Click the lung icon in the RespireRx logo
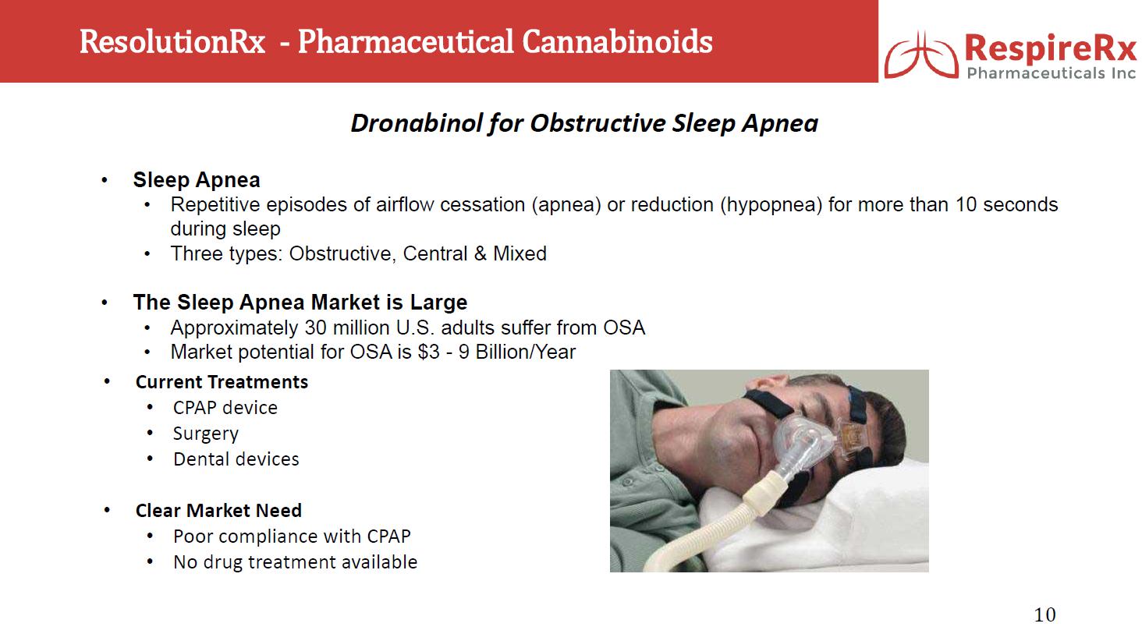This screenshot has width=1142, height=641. [921, 55]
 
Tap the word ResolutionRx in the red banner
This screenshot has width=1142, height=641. [172, 42]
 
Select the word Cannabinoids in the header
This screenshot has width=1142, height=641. [617, 42]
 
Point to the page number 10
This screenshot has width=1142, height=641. [1044, 614]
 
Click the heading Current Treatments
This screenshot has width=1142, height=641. [222, 381]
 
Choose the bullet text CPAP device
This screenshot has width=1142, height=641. [225, 408]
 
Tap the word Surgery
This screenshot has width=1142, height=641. [205, 434]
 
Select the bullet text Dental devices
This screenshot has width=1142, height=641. [236, 459]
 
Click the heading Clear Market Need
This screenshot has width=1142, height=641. [218, 510]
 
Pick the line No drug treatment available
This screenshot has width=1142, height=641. [295, 562]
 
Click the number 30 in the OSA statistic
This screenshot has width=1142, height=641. [316, 328]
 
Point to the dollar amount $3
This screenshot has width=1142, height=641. [428, 352]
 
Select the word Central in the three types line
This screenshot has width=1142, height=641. [434, 253]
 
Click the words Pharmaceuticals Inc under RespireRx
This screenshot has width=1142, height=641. [1052, 73]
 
